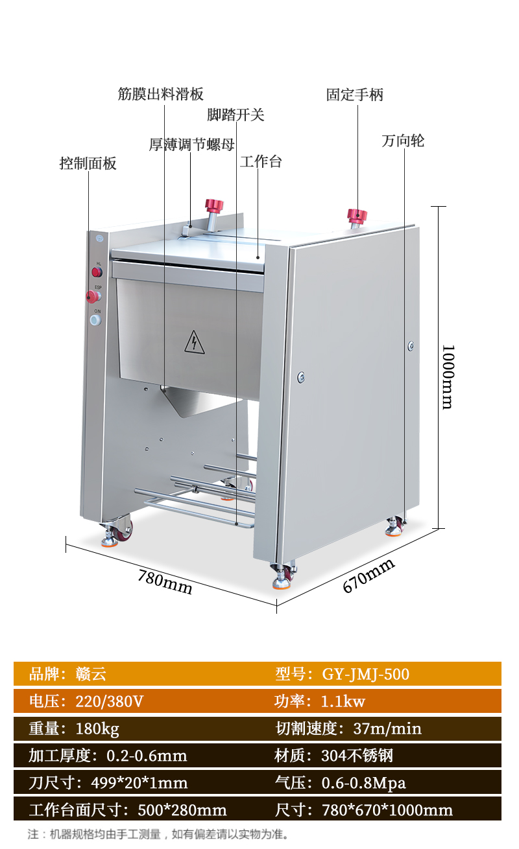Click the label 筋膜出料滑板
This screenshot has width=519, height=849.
tap(161, 94)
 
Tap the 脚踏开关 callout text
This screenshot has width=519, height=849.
tap(235, 115)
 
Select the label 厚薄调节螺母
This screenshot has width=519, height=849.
tap(191, 145)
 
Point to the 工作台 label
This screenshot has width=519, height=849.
tap(261, 161)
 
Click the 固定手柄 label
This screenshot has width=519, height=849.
tap(354, 95)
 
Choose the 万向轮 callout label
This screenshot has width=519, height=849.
tap(403, 141)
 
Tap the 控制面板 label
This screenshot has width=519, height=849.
tap(88, 163)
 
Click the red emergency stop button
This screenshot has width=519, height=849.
tap(93, 297)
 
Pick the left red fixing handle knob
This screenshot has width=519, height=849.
tap(214, 207)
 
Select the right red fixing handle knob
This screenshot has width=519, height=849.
tap(356, 215)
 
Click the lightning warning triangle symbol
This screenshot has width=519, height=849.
tap(194, 342)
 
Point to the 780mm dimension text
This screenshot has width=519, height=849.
tap(165, 581)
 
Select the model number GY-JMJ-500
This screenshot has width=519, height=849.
tap(366, 674)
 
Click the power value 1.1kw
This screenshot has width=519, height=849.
tap(343, 701)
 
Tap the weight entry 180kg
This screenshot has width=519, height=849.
tap(97, 728)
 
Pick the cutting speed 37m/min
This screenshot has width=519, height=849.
tap(387, 728)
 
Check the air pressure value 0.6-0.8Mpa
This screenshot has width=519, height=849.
tap(363, 783)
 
